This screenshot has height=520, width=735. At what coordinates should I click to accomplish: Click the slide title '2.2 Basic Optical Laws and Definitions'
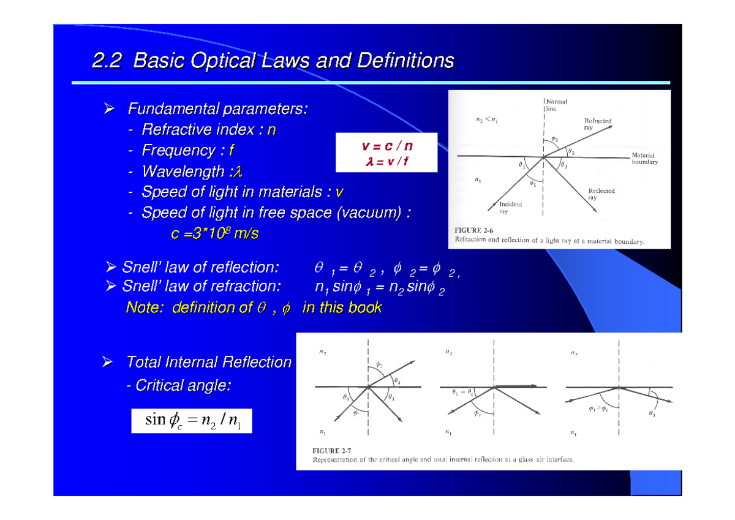pyautogui.click(x=273, y=61)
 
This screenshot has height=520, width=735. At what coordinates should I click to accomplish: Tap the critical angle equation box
pyautogui.click(x=192, y=420)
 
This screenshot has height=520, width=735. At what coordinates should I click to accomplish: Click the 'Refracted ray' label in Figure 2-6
pyautogui.click(x=597, y=125)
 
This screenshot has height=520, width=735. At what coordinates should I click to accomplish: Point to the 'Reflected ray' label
pyautogui.click(x=601, y=194)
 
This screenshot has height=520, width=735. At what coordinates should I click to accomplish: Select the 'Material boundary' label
pyautogui.click(x=644, y=159)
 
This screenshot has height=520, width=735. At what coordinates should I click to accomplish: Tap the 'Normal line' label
pyautogui.click(x=556, y=105)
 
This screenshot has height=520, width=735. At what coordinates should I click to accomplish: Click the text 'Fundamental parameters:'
pyautogui.click(x=217, y=110)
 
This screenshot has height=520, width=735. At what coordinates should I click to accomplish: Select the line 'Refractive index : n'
pyautogui.click(x=208, y=130)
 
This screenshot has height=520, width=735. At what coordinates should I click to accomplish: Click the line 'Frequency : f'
pyautogui.click(x=188, y=150)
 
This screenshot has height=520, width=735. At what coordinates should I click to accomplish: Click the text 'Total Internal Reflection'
pyautogui.click(x=209, y=362)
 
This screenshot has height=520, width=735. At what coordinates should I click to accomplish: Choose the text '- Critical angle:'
pyautogui.click(x=179, y=385)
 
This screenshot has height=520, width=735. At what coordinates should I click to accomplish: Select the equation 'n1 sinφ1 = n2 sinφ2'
pyautogui.click(x=380, y=287)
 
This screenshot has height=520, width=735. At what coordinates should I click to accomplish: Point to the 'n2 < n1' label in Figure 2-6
pyautogui.click(x=487, y=121)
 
